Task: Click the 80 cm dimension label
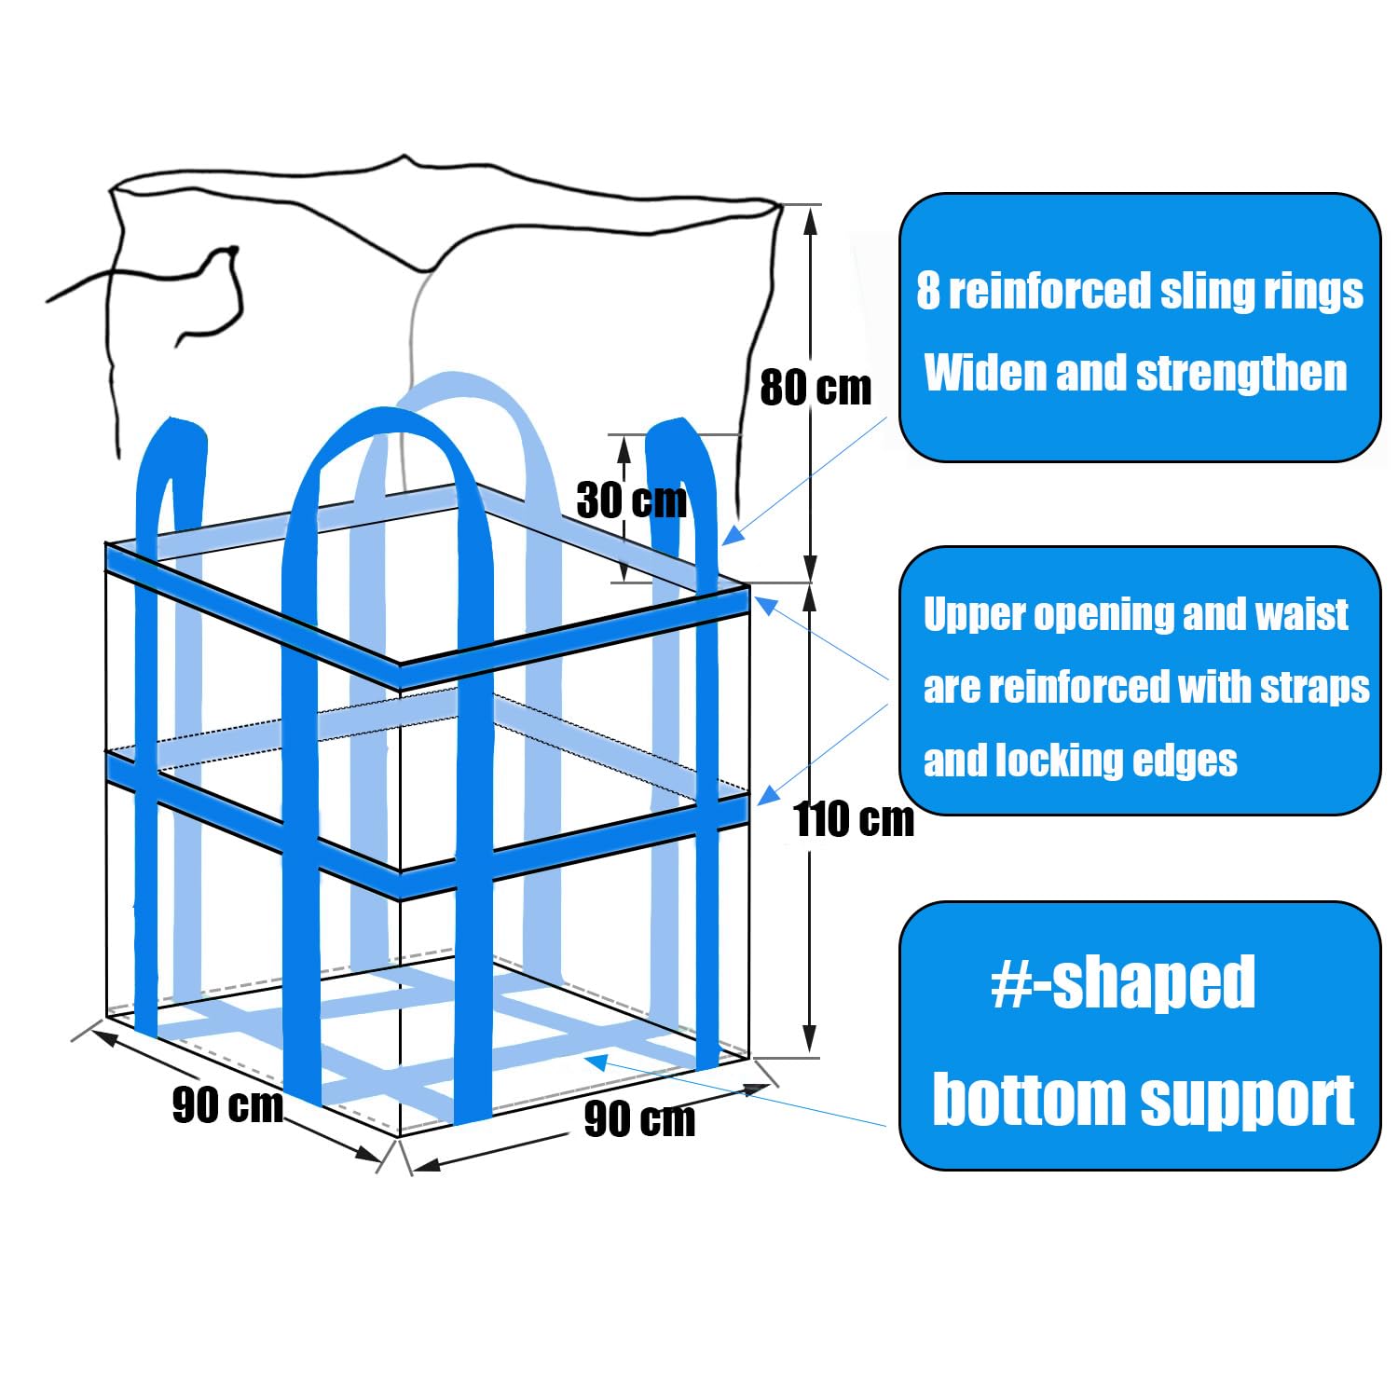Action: (815, 388)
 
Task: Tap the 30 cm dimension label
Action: (631, 500)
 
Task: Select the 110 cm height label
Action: (854, 820)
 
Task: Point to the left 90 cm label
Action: (227, 1106)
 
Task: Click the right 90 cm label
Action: (639, 1119)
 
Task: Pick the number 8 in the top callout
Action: (927, 291)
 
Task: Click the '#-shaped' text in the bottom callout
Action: (1123, 982)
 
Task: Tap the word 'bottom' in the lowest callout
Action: (1029, 1100)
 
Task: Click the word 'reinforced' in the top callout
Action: (1049, 291)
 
